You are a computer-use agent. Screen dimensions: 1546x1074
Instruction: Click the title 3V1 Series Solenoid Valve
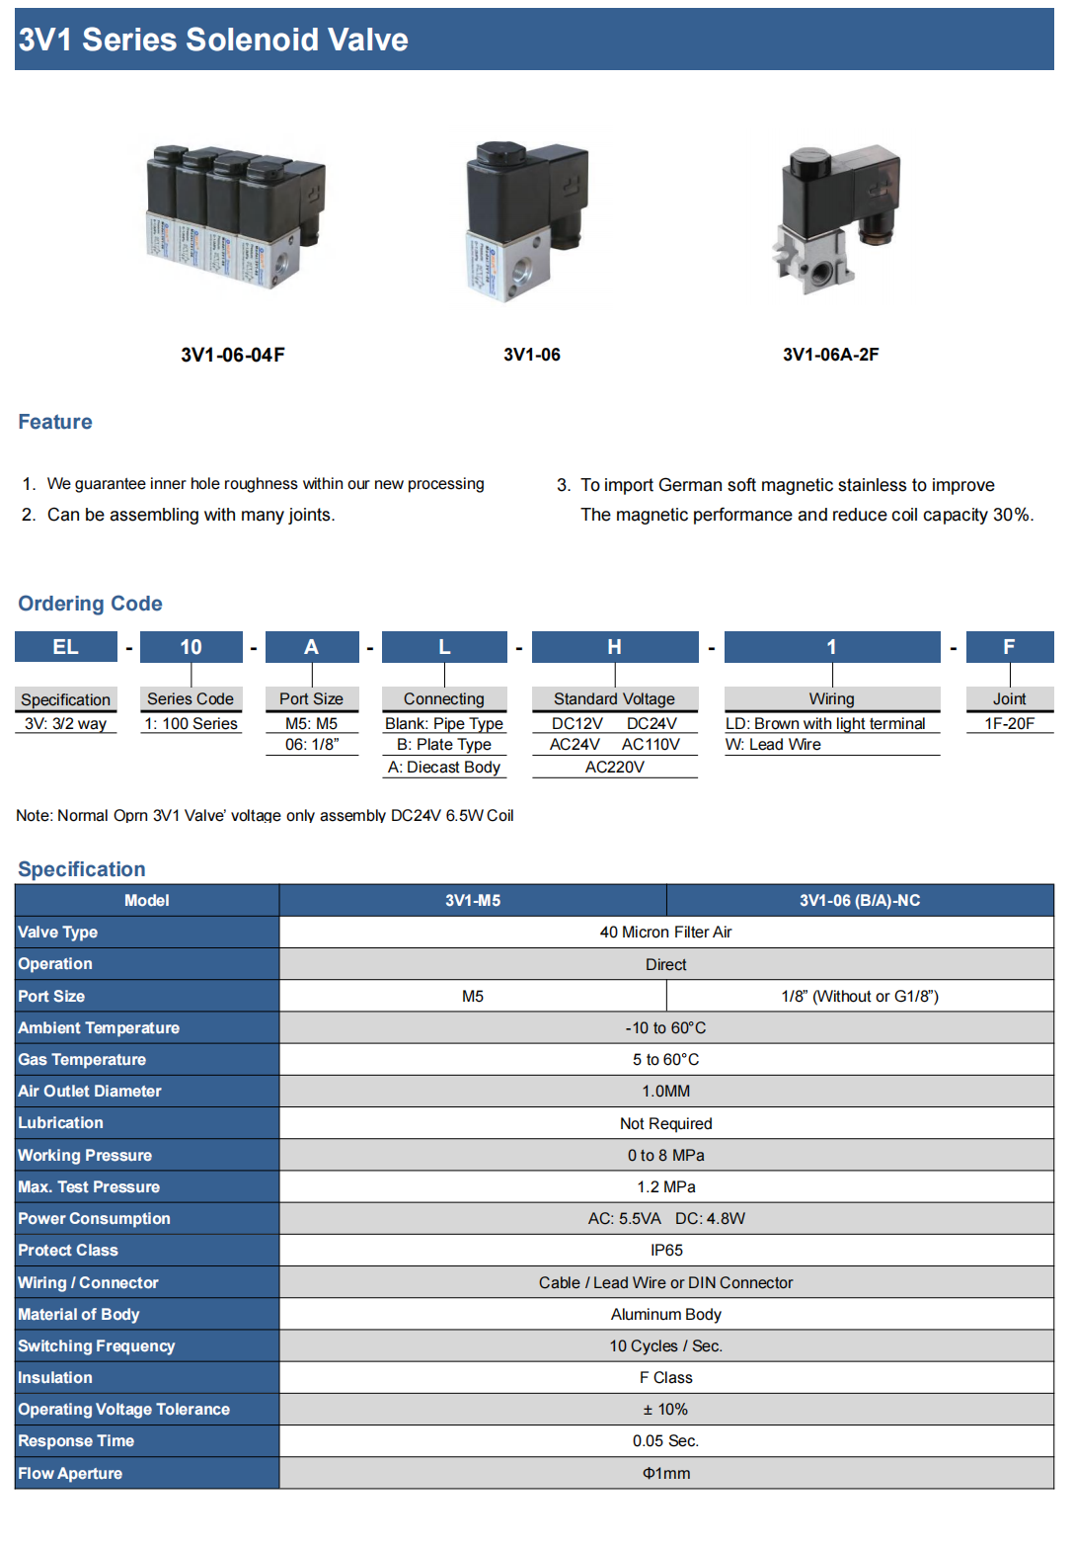pyautogui.click(x=213, y=40)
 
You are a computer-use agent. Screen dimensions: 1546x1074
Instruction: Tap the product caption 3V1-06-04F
pyautogui.click(x=233, y=355)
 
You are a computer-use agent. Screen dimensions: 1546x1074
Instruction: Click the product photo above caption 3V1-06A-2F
pyautogui.click(x=837, y=219)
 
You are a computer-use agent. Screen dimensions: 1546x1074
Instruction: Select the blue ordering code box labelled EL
pyautogui.click(x=65, y=647)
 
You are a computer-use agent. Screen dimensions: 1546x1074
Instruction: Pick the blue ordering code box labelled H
pyautogui.click(x=614, y=647)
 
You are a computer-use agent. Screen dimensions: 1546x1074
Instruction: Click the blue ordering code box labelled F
pyautogui.click(x=1009, y=647)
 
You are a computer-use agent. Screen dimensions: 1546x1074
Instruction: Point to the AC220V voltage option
pyautogui.click(x=614, y=767)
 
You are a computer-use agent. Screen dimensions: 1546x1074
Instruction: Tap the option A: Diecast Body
pyautogui.click(x=444, y=767)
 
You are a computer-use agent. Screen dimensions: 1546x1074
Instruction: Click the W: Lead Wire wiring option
pyautogui.click(x=773, y=745)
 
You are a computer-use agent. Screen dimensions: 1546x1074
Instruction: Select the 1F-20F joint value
pyautogui.click(x=1009, y=723)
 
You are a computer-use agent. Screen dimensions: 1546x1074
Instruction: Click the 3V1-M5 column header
pyautogui.click(x=473, y=900)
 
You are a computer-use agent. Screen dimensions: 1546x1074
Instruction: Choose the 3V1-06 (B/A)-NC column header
pyautogui.click(x=860, y=900)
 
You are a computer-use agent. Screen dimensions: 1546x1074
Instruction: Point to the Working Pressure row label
pyautogui.click(x=85, y=1155)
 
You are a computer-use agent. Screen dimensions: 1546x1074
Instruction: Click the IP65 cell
pyautogui.click(x=666, y=1250)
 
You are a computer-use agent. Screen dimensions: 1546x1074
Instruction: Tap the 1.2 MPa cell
pyautogui.click(x=666, y=1186)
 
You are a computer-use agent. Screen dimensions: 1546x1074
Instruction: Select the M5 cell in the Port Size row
pyautogui.click(x=473, y=996)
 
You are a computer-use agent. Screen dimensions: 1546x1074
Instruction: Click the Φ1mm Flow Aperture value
pyautogui.click(x=666, y=1473)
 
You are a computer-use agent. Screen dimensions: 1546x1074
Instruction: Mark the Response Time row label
pyautogui.click(x=76, y=1440)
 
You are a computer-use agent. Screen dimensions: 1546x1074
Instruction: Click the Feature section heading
pyautogui.click(x=55, y=422)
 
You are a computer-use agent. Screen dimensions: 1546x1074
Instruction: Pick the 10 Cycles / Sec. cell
pyautogui.click(x=666, y=1345)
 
